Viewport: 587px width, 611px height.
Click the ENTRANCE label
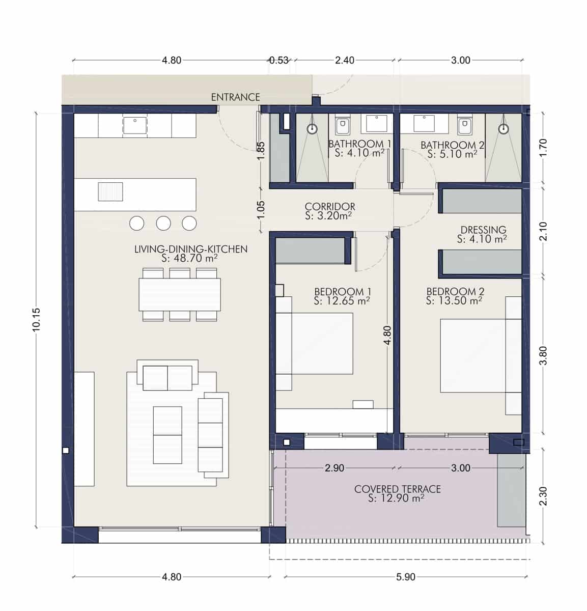[x=235, y=97]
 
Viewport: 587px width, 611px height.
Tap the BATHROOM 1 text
[x=359, y=144]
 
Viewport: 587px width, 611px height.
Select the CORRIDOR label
[x=330, y=206]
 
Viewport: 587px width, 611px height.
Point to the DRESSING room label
[x=483, y=230]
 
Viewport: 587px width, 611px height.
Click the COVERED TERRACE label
[x=397, y=489]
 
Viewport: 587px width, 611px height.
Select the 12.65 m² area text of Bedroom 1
[x=342, y=301]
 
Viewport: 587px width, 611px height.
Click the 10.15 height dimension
[x=36, y=320]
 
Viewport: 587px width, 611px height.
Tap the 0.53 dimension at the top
[x=279, y=60]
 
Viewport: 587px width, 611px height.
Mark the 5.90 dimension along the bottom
[x=405, y=577]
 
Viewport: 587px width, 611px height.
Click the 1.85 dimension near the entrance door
[x=260, y=150]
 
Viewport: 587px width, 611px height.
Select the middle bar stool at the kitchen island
[x=163, y=223]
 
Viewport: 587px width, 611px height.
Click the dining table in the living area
[x=180, y=294]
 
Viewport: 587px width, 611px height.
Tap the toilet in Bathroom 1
[x=342, y=124]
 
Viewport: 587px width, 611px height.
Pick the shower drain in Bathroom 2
[x=504, y=129]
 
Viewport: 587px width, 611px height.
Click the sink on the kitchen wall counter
[x=135, y=125]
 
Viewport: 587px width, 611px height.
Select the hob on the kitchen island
[x=110, y=191]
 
